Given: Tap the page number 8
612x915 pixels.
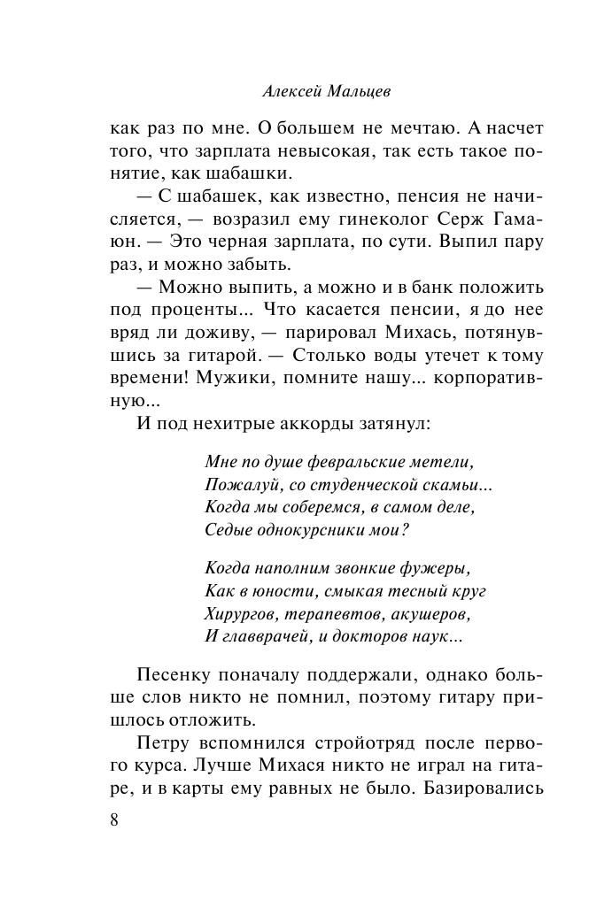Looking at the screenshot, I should pos(114,819).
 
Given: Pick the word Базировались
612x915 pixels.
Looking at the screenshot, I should pos(476,787).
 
